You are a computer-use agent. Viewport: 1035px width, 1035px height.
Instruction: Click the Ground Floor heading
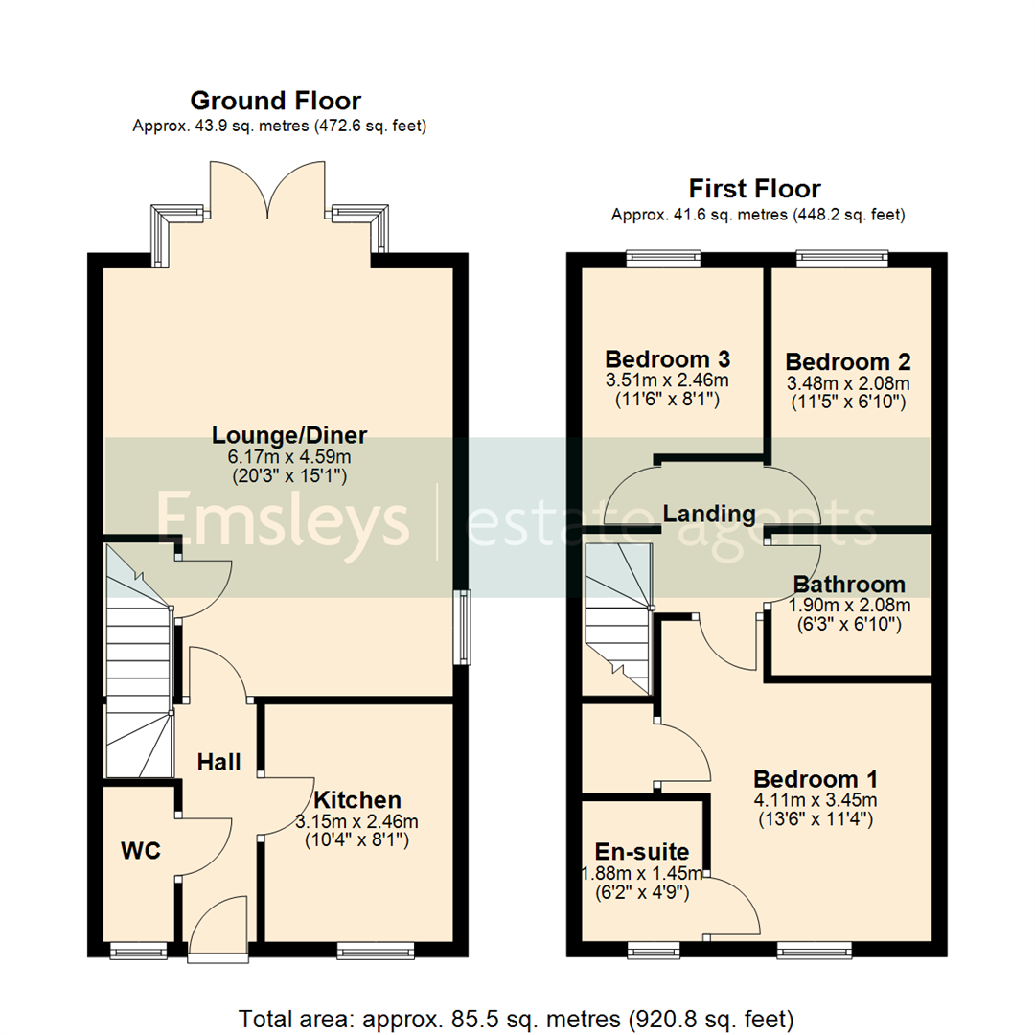276,101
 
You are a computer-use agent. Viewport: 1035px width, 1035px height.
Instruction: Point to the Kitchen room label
357,799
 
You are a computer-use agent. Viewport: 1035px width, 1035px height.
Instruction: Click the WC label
140,849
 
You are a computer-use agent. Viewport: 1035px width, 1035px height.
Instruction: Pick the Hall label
218,763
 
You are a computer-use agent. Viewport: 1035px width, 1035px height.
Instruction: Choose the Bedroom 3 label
668,359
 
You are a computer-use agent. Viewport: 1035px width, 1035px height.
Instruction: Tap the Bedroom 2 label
848,362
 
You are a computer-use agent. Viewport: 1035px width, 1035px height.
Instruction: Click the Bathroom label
849,585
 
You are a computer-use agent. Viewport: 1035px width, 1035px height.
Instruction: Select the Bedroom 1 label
816,778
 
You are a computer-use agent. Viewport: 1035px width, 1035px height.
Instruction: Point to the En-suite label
642,852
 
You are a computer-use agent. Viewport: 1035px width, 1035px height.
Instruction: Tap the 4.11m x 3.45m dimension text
816,800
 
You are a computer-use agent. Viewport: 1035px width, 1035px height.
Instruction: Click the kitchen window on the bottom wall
375,950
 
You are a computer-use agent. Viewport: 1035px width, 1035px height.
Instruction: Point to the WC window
139,950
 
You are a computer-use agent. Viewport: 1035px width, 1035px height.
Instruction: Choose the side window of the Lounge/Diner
465,628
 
